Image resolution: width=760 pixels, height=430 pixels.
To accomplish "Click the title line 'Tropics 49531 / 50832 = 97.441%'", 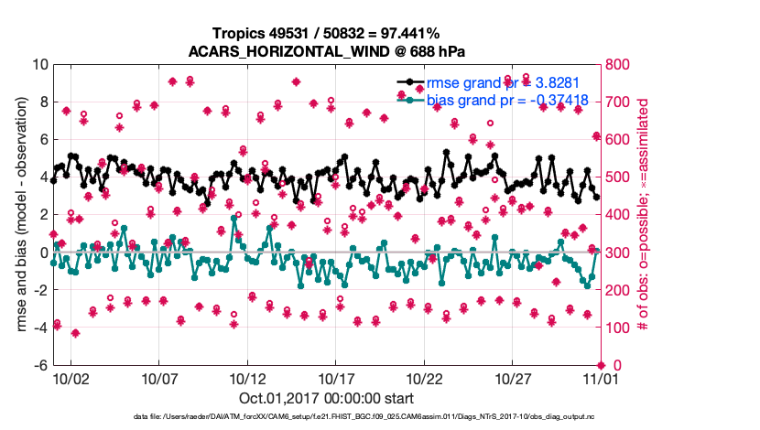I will click(327, 34).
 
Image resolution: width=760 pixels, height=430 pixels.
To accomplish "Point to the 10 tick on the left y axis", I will click(39, 65).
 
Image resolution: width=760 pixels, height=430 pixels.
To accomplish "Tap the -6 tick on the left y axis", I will click(39, 365).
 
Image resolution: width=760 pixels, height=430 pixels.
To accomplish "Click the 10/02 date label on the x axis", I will click(71, 378).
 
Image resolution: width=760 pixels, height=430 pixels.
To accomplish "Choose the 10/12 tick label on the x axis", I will click(247, 378).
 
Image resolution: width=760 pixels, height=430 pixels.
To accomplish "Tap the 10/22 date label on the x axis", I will click(424, 378).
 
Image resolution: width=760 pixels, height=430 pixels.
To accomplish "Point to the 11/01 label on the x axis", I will click(601, 378).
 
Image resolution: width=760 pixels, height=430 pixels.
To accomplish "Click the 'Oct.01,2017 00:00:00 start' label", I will click(327, 398).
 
